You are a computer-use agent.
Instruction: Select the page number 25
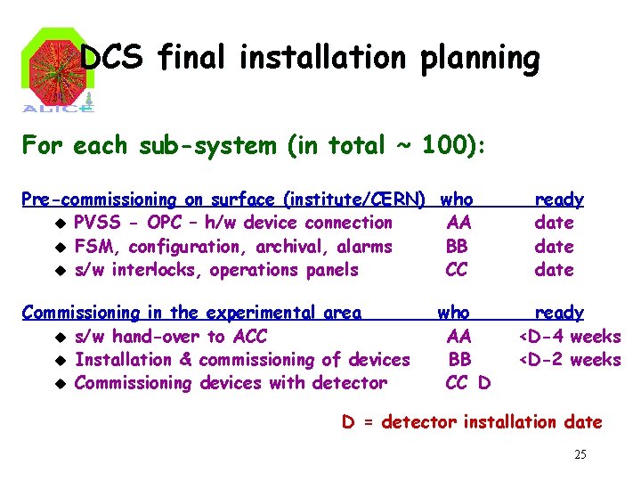580,455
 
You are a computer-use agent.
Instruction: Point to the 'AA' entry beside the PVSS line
458,223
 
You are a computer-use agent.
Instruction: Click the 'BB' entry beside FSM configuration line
457,247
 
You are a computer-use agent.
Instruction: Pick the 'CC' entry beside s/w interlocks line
457,270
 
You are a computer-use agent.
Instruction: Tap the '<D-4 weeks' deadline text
570,337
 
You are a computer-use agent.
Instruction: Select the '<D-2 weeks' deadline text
570,360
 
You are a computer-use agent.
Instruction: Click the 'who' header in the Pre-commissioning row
458,200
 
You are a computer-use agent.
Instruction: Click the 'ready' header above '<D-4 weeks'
559,313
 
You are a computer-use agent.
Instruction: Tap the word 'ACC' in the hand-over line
248,337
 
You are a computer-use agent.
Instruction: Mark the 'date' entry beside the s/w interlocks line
554,270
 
